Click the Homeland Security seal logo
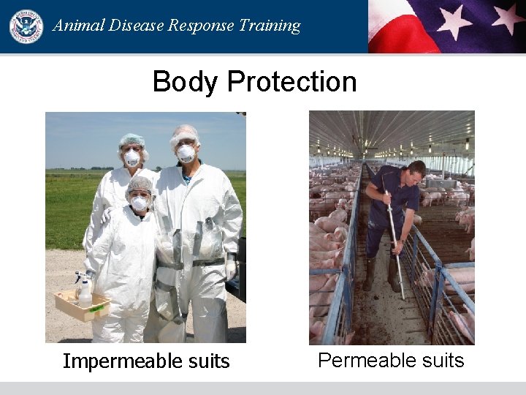pos(26,26)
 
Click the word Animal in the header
pos(77,26)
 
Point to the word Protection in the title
pos(291,81)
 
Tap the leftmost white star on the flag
pos(454,20)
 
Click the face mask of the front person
pos(139,203)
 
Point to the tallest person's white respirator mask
pos(186,153)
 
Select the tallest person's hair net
pos(184,133)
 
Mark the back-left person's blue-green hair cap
pos(131,139)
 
